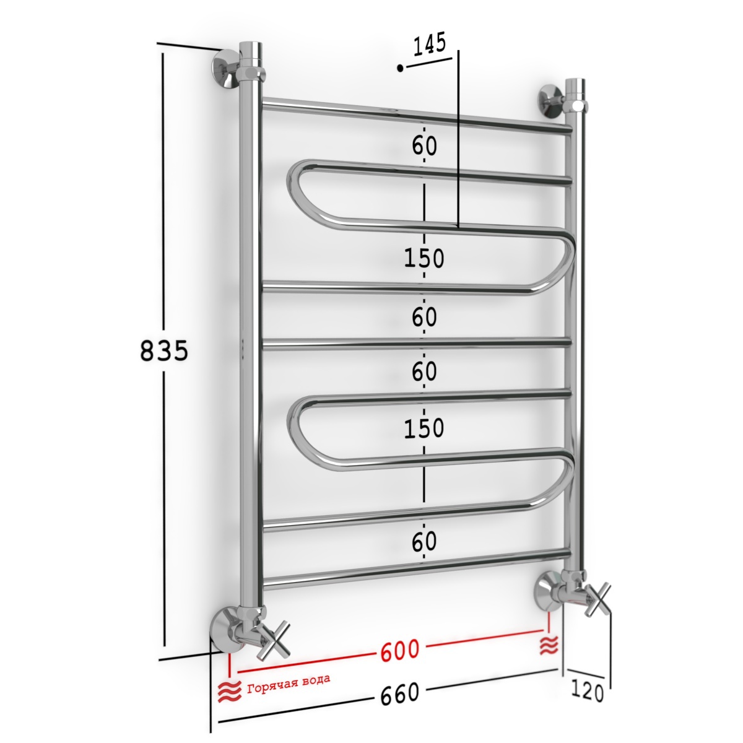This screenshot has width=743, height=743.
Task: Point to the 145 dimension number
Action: (x=429, y=44)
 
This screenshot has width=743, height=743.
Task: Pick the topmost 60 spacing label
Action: (x=424, y=146)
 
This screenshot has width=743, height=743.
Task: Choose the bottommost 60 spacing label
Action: (x=424, y=542)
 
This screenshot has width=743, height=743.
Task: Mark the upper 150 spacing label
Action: (x=424, y=258)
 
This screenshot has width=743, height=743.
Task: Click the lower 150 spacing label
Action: (x=424, y=428)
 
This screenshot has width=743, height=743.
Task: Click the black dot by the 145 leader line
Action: (x=400, y=68)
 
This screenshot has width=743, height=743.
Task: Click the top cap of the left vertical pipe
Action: (x=250, y=49)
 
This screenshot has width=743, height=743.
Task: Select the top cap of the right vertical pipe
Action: (x=575, y=85)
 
